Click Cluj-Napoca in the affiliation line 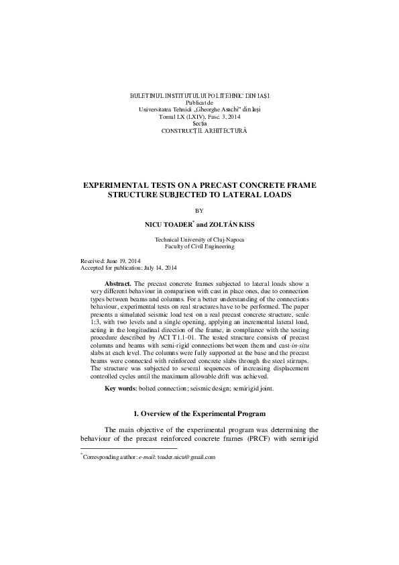[228, 240]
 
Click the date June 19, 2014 [126, 261]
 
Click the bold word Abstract [120, 284]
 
